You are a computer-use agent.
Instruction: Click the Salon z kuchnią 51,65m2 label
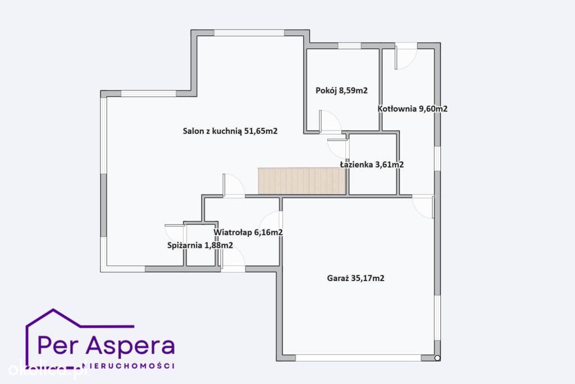(x=230, y=131)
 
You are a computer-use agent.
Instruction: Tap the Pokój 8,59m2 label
(x=341, y=91)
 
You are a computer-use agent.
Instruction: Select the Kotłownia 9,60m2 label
(x=413, y=109)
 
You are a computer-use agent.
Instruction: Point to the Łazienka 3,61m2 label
(x=372, y=165)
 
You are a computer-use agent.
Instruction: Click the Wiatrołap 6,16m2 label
(x=248, y=232)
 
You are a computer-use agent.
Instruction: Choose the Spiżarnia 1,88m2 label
(x=200, y=245)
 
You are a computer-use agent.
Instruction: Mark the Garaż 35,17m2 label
(x=355, y=278)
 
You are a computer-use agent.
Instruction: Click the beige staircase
(x=302, y=181)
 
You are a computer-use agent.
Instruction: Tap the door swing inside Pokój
(x=330, y=121)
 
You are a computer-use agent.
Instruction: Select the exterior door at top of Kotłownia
(x=405, y=56)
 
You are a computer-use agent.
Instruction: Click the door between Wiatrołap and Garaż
(x=271, y=222)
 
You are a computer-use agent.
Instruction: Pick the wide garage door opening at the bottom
(x=358, y=358)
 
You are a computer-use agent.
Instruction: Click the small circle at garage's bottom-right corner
(x=437, y=358)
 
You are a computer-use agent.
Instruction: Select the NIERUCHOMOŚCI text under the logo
(x=129, y=365)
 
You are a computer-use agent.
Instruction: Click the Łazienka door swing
(x=338, y=147)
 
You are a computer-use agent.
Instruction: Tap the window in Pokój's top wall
(x=349, y=46)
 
